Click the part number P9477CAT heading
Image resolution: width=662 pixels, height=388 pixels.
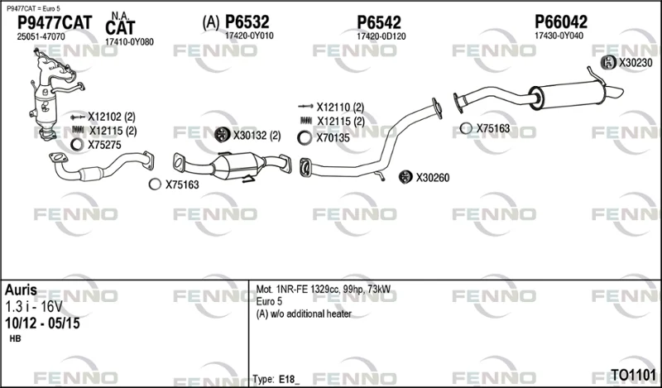click(55, 23)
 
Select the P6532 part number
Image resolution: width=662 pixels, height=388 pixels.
click(247, 22)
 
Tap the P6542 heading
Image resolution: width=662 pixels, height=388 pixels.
click(379, 22)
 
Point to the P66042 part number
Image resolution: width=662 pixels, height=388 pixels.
click(561, 22)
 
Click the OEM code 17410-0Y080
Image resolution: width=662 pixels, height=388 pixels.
click(129, 42)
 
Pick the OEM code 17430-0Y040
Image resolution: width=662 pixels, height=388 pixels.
click(559, 36)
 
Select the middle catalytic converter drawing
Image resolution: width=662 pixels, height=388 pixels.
click(232, 167)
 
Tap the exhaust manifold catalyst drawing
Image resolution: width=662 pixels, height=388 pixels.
click(55, 93)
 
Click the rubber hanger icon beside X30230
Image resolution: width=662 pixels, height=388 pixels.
click(608, 63)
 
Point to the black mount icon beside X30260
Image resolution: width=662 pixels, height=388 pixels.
click(405, 177)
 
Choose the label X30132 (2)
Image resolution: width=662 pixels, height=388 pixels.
click(257, 136)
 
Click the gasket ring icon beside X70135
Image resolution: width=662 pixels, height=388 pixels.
click(305, 137)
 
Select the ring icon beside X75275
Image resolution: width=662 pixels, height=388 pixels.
click(77, 145)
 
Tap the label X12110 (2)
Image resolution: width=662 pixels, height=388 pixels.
click(340, 108)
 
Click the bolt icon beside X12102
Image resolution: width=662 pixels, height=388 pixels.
click(78, 117)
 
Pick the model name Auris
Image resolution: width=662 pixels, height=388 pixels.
click(21, 290)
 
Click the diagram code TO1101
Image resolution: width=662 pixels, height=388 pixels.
click(633, 375)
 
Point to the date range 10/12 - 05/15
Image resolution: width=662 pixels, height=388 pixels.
click(42, 323)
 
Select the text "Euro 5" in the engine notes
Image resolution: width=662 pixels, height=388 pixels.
click(269, 301)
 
